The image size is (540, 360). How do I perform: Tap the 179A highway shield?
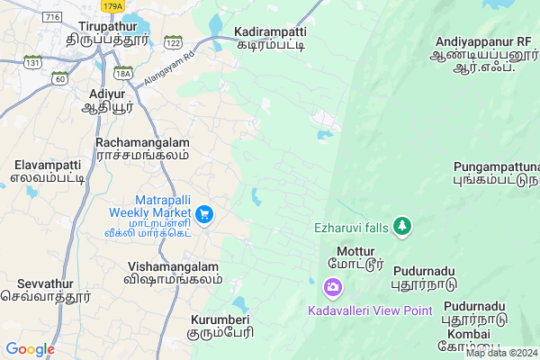(112, 6)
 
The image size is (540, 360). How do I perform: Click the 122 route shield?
(173, 42)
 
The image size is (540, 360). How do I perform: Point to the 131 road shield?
(34, 62)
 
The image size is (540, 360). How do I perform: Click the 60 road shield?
(61, 79)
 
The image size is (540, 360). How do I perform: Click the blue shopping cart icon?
(205, 213)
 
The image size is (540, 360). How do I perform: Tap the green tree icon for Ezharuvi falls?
(402, 226)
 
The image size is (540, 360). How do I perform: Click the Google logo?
(30, 349)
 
